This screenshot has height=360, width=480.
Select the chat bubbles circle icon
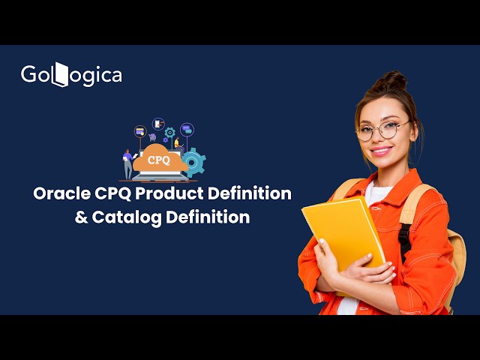tap(187, 129)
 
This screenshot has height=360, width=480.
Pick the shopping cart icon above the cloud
tap(152, 138)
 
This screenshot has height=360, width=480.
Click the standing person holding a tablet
tap(127, 163)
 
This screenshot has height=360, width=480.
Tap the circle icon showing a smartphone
tap(158, 123)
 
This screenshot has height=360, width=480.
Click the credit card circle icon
tap(140, 130)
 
